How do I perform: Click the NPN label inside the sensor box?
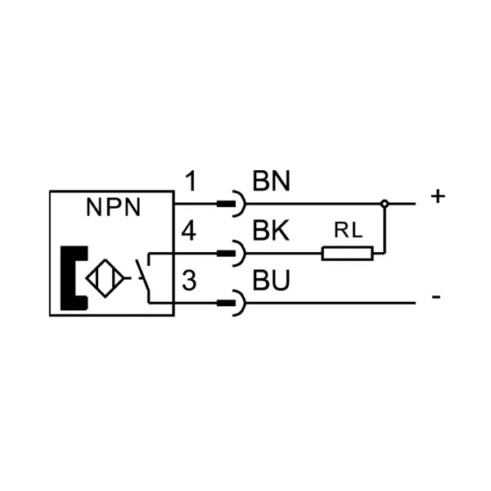tap(113, 207)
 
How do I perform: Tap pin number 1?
tap(191, 181)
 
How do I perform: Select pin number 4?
tap(189, 231)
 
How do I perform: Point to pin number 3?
tap(189, 281)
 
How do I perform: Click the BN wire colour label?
tap(272, 181)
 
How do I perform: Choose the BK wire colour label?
tap(271, 231)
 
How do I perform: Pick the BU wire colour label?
tap(272, 281)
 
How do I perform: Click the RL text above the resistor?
tap(349, 230)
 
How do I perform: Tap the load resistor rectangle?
tap(348, 254)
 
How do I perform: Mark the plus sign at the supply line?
tap(438, 196)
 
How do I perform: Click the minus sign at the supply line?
tap(436, 296)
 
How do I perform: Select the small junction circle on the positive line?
tap(385, 204)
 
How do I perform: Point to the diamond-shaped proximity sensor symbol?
tap(106, 278)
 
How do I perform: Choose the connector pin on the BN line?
tap(226, 204)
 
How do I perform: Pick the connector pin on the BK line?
tap(226, 254)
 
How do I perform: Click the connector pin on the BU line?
tap(226, 303)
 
